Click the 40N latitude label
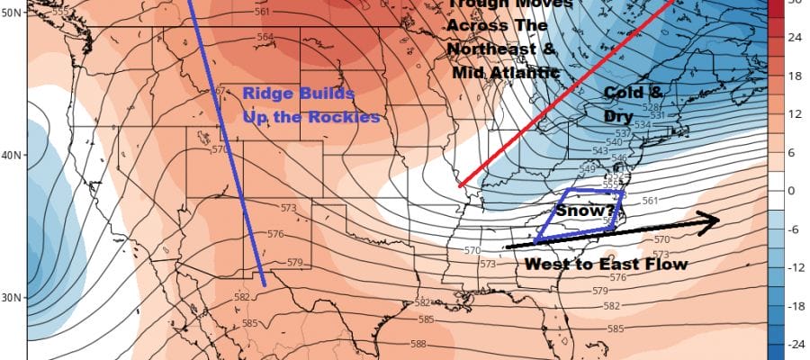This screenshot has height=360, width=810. pyautogui.click(x=12, y=155)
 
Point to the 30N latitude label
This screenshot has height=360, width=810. pyautogui.click(x=12, y=297)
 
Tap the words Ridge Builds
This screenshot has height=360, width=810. pyautogui.click(x=298, y=94)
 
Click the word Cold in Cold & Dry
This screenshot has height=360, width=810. pyautogui.click(x=622, y=93)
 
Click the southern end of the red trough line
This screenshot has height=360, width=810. pyautogui.click(x=462, y=185)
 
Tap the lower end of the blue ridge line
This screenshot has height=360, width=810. pyautogui.click(x=264, y=285)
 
